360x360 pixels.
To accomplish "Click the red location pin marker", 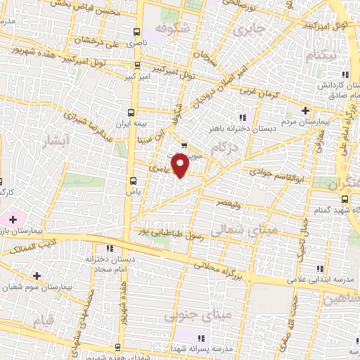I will (181, 166).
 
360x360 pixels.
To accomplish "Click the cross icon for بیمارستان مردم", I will (304, 110).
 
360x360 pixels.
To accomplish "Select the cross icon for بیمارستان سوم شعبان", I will (37, 276).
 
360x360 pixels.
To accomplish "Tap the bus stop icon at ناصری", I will (137, 32).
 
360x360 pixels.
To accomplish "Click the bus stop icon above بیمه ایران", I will (131, 112).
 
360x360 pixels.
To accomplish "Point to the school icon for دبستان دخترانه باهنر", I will (243, 117).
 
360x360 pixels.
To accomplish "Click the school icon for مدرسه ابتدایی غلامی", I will (321, 269).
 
